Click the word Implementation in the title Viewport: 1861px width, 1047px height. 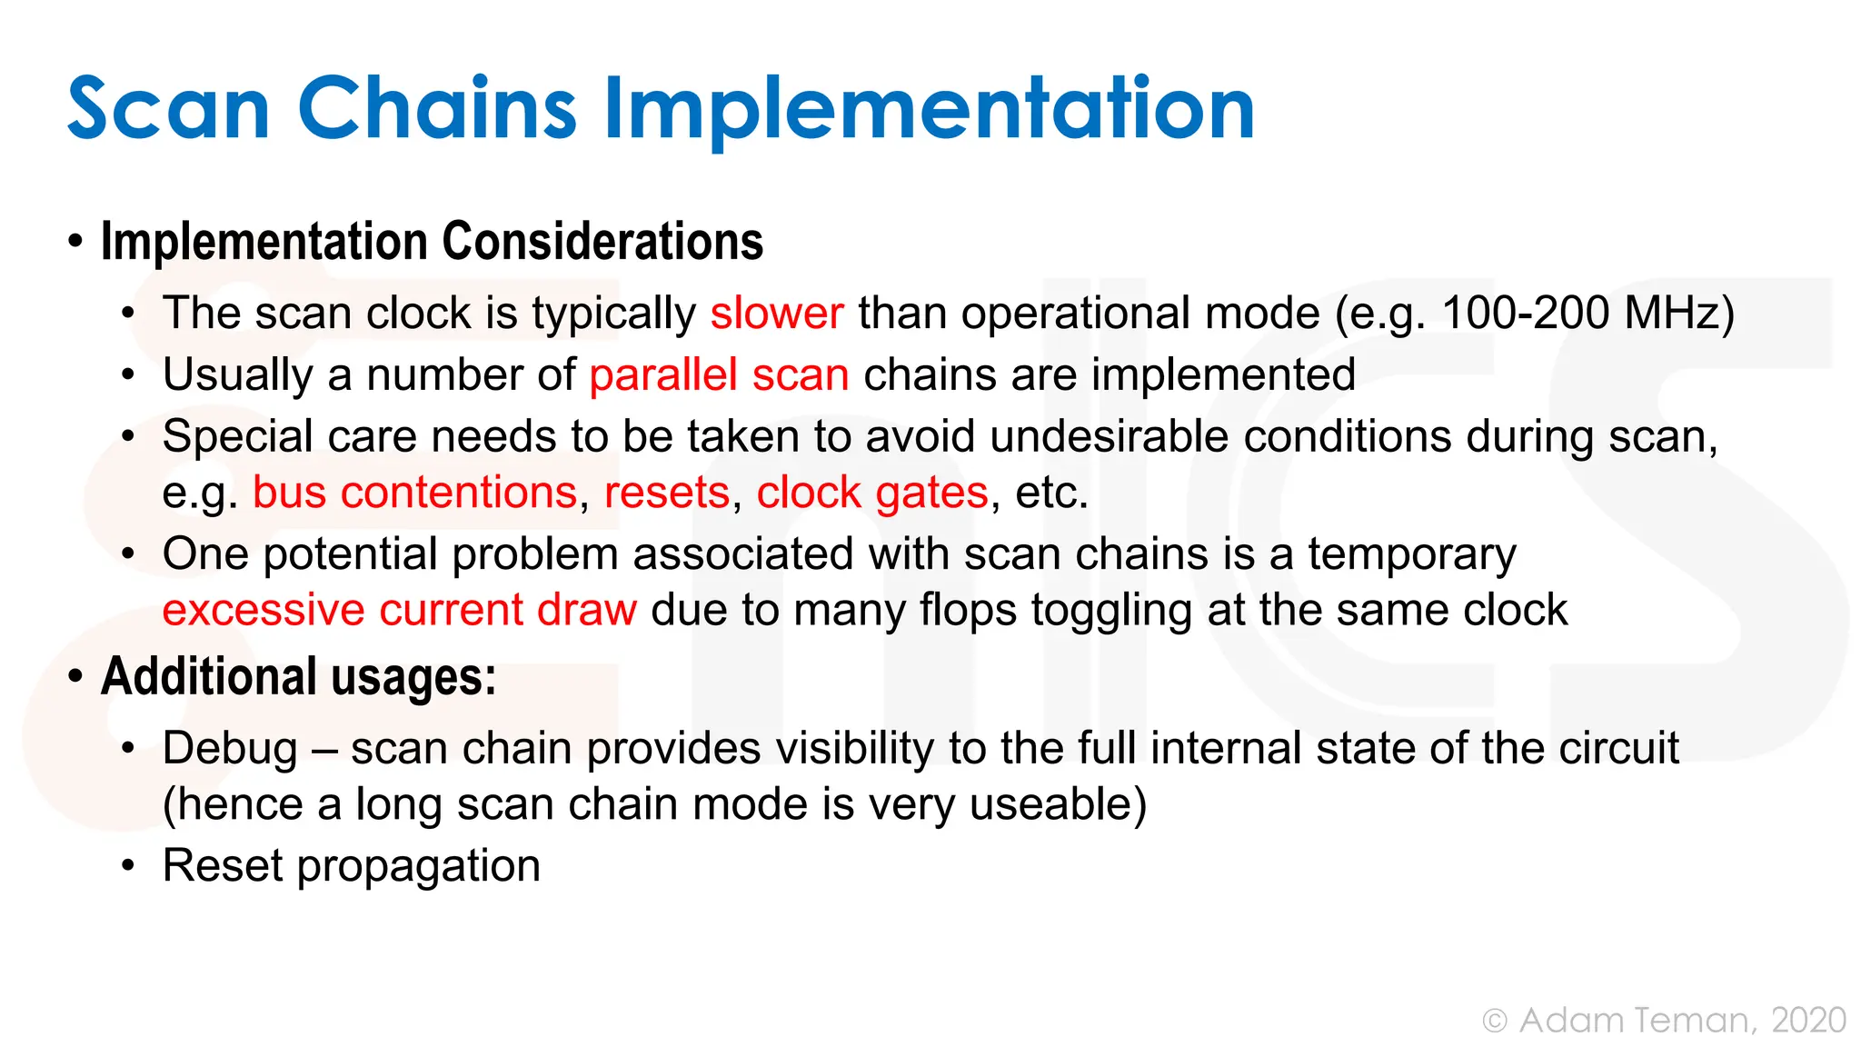coord(929,109)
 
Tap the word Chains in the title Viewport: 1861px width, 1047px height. coord(436,109)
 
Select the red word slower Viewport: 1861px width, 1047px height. coord(777,314)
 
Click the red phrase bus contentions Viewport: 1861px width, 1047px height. coord(414,493)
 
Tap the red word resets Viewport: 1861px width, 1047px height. coord(667,493)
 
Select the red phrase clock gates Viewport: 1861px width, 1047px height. coord(872,493)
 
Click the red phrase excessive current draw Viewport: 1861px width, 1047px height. coord(400,610)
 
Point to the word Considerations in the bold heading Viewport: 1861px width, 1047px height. coord(602,242)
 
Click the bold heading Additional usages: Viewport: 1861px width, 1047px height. coord(299,677)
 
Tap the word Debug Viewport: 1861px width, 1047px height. coord(230,749)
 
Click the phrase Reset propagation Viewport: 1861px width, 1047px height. coord(352,865)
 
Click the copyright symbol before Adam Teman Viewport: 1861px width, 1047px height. coord(1495,1022)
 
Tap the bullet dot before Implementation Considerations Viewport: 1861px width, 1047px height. coord(75,243)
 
